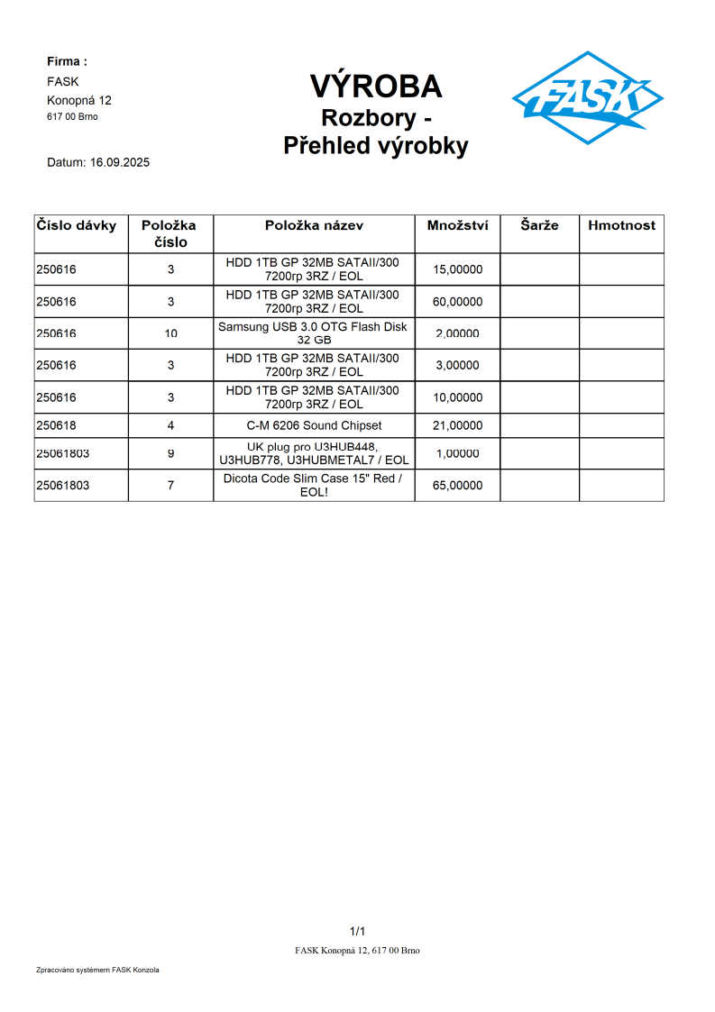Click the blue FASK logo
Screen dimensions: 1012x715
coord(587,97)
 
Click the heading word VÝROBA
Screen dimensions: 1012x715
coord(376,86)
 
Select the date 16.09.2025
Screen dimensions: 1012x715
coord(120,163)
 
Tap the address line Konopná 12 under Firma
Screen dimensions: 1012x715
coord(79,100)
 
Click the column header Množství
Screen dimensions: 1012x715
coord(457,225)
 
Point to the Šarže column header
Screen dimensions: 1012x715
coord(539,225)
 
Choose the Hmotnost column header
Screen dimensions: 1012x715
coord(621,225)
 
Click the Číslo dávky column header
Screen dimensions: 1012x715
coord(77,225)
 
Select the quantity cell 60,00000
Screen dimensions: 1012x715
coord(457,302)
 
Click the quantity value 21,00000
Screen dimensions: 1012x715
coord(457,425)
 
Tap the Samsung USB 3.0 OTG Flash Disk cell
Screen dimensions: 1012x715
coord(314,333)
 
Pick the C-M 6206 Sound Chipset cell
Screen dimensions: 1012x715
coord(314,425)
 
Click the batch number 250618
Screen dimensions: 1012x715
coord(57,425)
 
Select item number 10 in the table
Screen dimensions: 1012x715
coord(171,333)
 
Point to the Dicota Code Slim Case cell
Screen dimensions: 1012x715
coord(313,486)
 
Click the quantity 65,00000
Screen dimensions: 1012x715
coord(457,486)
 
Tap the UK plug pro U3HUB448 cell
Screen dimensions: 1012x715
coord(313,453)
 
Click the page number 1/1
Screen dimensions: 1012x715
coord(357,931)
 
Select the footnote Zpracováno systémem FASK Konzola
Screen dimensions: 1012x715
coord(97,970)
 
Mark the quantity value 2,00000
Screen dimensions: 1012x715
coord(457,333)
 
